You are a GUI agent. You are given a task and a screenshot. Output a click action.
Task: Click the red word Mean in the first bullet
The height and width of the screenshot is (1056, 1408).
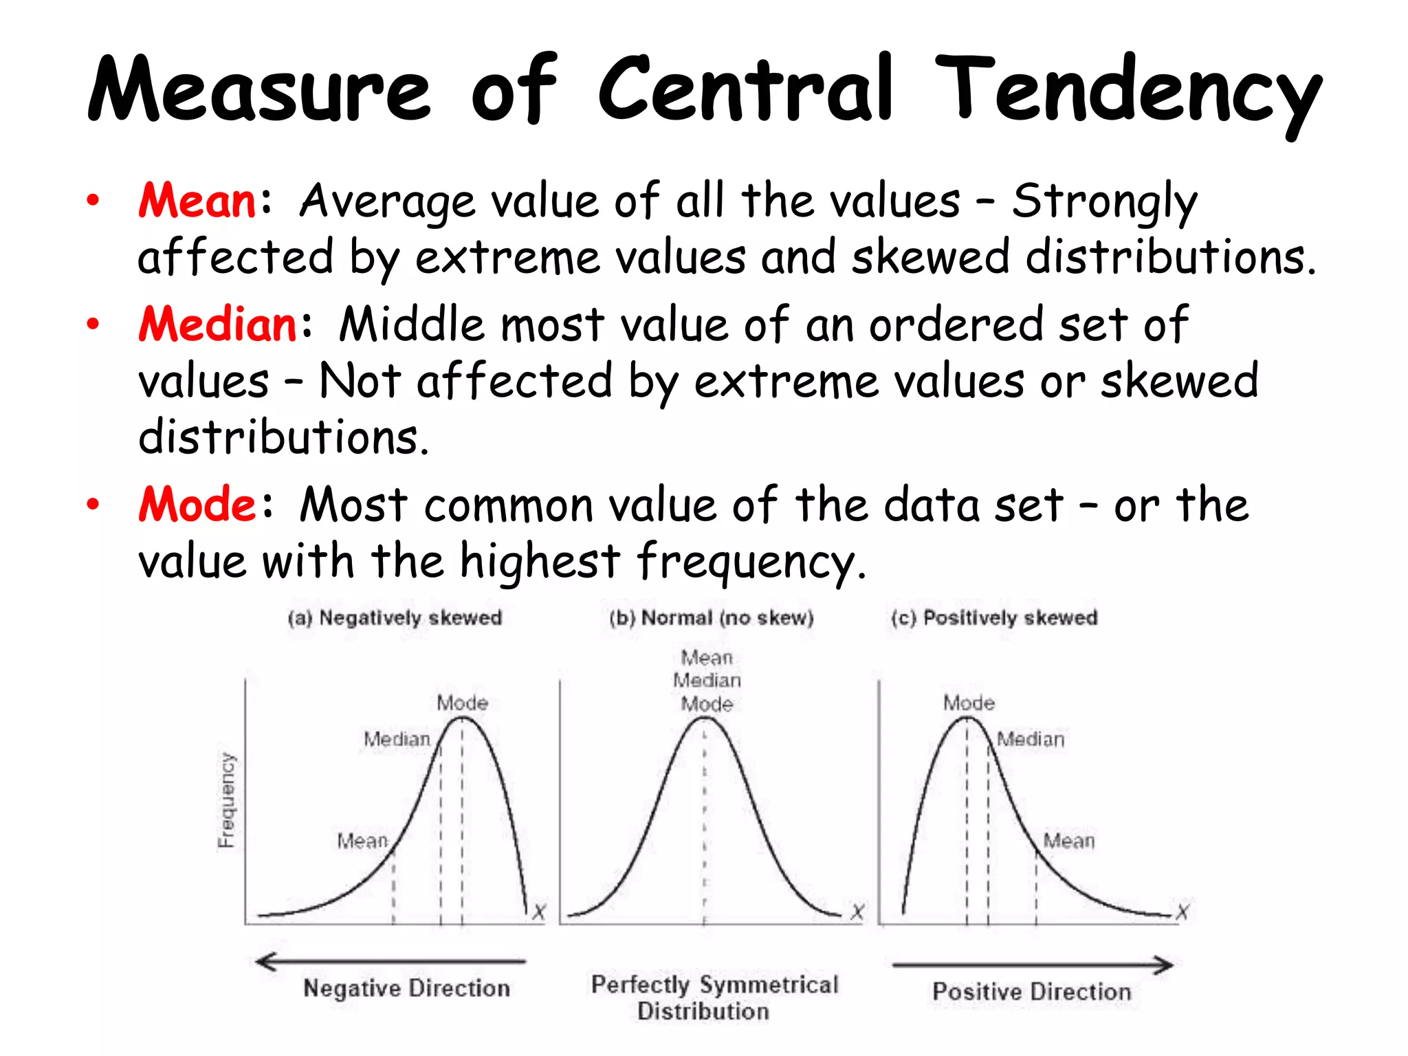[197, 201]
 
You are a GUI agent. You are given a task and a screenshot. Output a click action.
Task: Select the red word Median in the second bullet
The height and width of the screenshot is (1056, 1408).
[217, 324]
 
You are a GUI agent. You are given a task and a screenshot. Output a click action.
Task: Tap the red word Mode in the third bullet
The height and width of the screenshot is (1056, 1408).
[198, 504]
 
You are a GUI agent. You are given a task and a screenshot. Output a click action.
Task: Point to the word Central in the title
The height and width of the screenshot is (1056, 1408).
[745, 89]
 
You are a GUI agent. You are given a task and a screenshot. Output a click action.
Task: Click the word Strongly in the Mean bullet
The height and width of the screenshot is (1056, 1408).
[1104, 202]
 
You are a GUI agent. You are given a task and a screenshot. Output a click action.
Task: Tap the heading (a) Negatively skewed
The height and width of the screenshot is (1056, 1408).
[395, 617]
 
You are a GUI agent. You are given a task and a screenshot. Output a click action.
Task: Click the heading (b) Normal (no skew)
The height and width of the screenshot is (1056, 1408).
[712, 617]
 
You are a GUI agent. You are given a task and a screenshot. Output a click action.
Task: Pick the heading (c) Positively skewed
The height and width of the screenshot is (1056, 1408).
[994, 617]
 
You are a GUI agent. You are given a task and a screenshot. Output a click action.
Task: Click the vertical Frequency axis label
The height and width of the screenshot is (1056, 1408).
[226, 800]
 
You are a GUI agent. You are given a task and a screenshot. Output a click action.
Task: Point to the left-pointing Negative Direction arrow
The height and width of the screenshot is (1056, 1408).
[390, 961]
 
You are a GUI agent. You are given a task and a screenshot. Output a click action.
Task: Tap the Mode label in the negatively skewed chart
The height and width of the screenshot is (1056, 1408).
[463, 703]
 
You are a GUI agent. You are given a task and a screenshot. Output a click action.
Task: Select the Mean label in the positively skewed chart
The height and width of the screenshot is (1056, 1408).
[1069, 840]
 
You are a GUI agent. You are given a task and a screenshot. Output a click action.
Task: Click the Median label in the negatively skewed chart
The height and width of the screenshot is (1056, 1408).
[397, 739]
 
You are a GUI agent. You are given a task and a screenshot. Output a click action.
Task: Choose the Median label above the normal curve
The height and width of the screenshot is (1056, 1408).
[707, 680]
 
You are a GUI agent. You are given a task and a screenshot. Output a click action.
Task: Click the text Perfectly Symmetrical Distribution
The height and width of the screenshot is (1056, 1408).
[714, 998]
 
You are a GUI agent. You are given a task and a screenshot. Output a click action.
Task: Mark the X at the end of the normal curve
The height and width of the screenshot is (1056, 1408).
[857, 912]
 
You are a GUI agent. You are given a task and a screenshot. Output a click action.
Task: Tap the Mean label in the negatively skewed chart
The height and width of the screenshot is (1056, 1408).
[362, 840]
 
